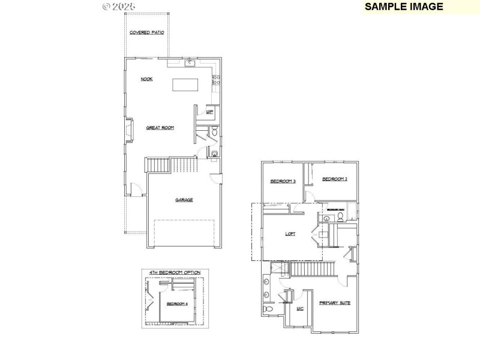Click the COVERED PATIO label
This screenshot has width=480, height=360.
pos(147,32)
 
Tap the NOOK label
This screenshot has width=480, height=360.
pos(146,79)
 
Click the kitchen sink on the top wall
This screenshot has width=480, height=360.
pos(190,62)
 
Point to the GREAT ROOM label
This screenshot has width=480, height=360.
pos(160,127)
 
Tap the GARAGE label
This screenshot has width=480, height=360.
pos(184,200)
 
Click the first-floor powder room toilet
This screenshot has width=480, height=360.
pos(215,131)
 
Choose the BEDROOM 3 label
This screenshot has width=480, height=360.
pos(283,181)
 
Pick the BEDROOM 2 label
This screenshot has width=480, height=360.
pos(335,179)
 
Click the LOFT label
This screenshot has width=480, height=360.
pos(290,234)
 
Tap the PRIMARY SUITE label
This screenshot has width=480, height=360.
pos(334,303)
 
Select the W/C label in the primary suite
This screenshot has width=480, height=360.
pos(300,308)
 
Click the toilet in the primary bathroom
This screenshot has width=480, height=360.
pos(269,309)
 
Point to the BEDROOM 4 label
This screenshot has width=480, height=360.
pos(177,304)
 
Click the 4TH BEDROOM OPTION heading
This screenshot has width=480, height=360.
pos(175,272)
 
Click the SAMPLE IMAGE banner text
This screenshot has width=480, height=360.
pos(404,7)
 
